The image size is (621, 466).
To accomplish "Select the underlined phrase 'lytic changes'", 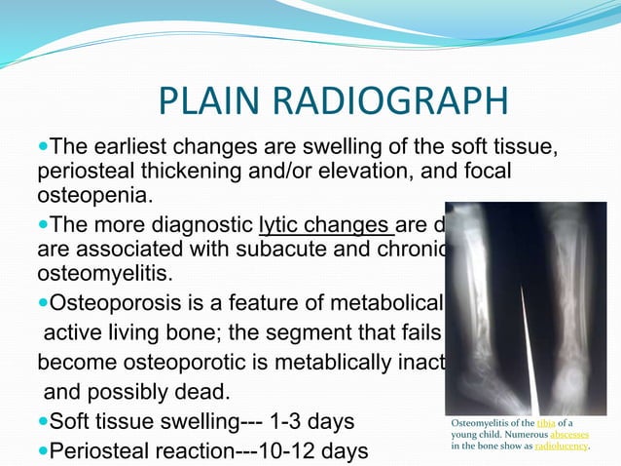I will pyautogui.click(x=325, y=226).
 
